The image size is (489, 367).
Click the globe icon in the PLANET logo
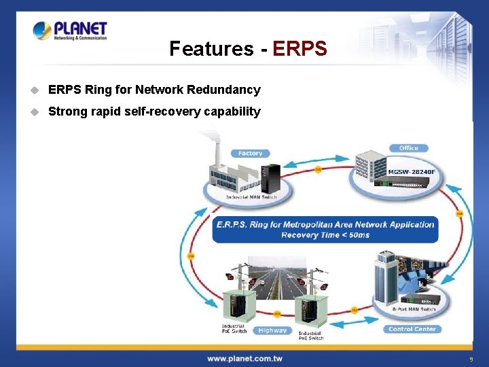point(42,30)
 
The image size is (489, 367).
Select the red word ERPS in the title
point(300,49)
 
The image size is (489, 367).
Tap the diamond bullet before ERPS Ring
point(36,90)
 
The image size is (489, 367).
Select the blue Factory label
point(250,154)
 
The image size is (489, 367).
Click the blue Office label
point(409,147)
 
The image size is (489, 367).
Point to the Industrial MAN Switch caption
point(252,197)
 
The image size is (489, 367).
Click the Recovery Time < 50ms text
point(325,235)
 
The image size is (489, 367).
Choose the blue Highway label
point(272,330)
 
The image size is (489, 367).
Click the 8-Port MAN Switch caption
point(414,309)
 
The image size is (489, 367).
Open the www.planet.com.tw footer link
point(244,358)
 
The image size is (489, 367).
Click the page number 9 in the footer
point(470,359)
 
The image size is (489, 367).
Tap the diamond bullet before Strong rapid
point(36,111)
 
